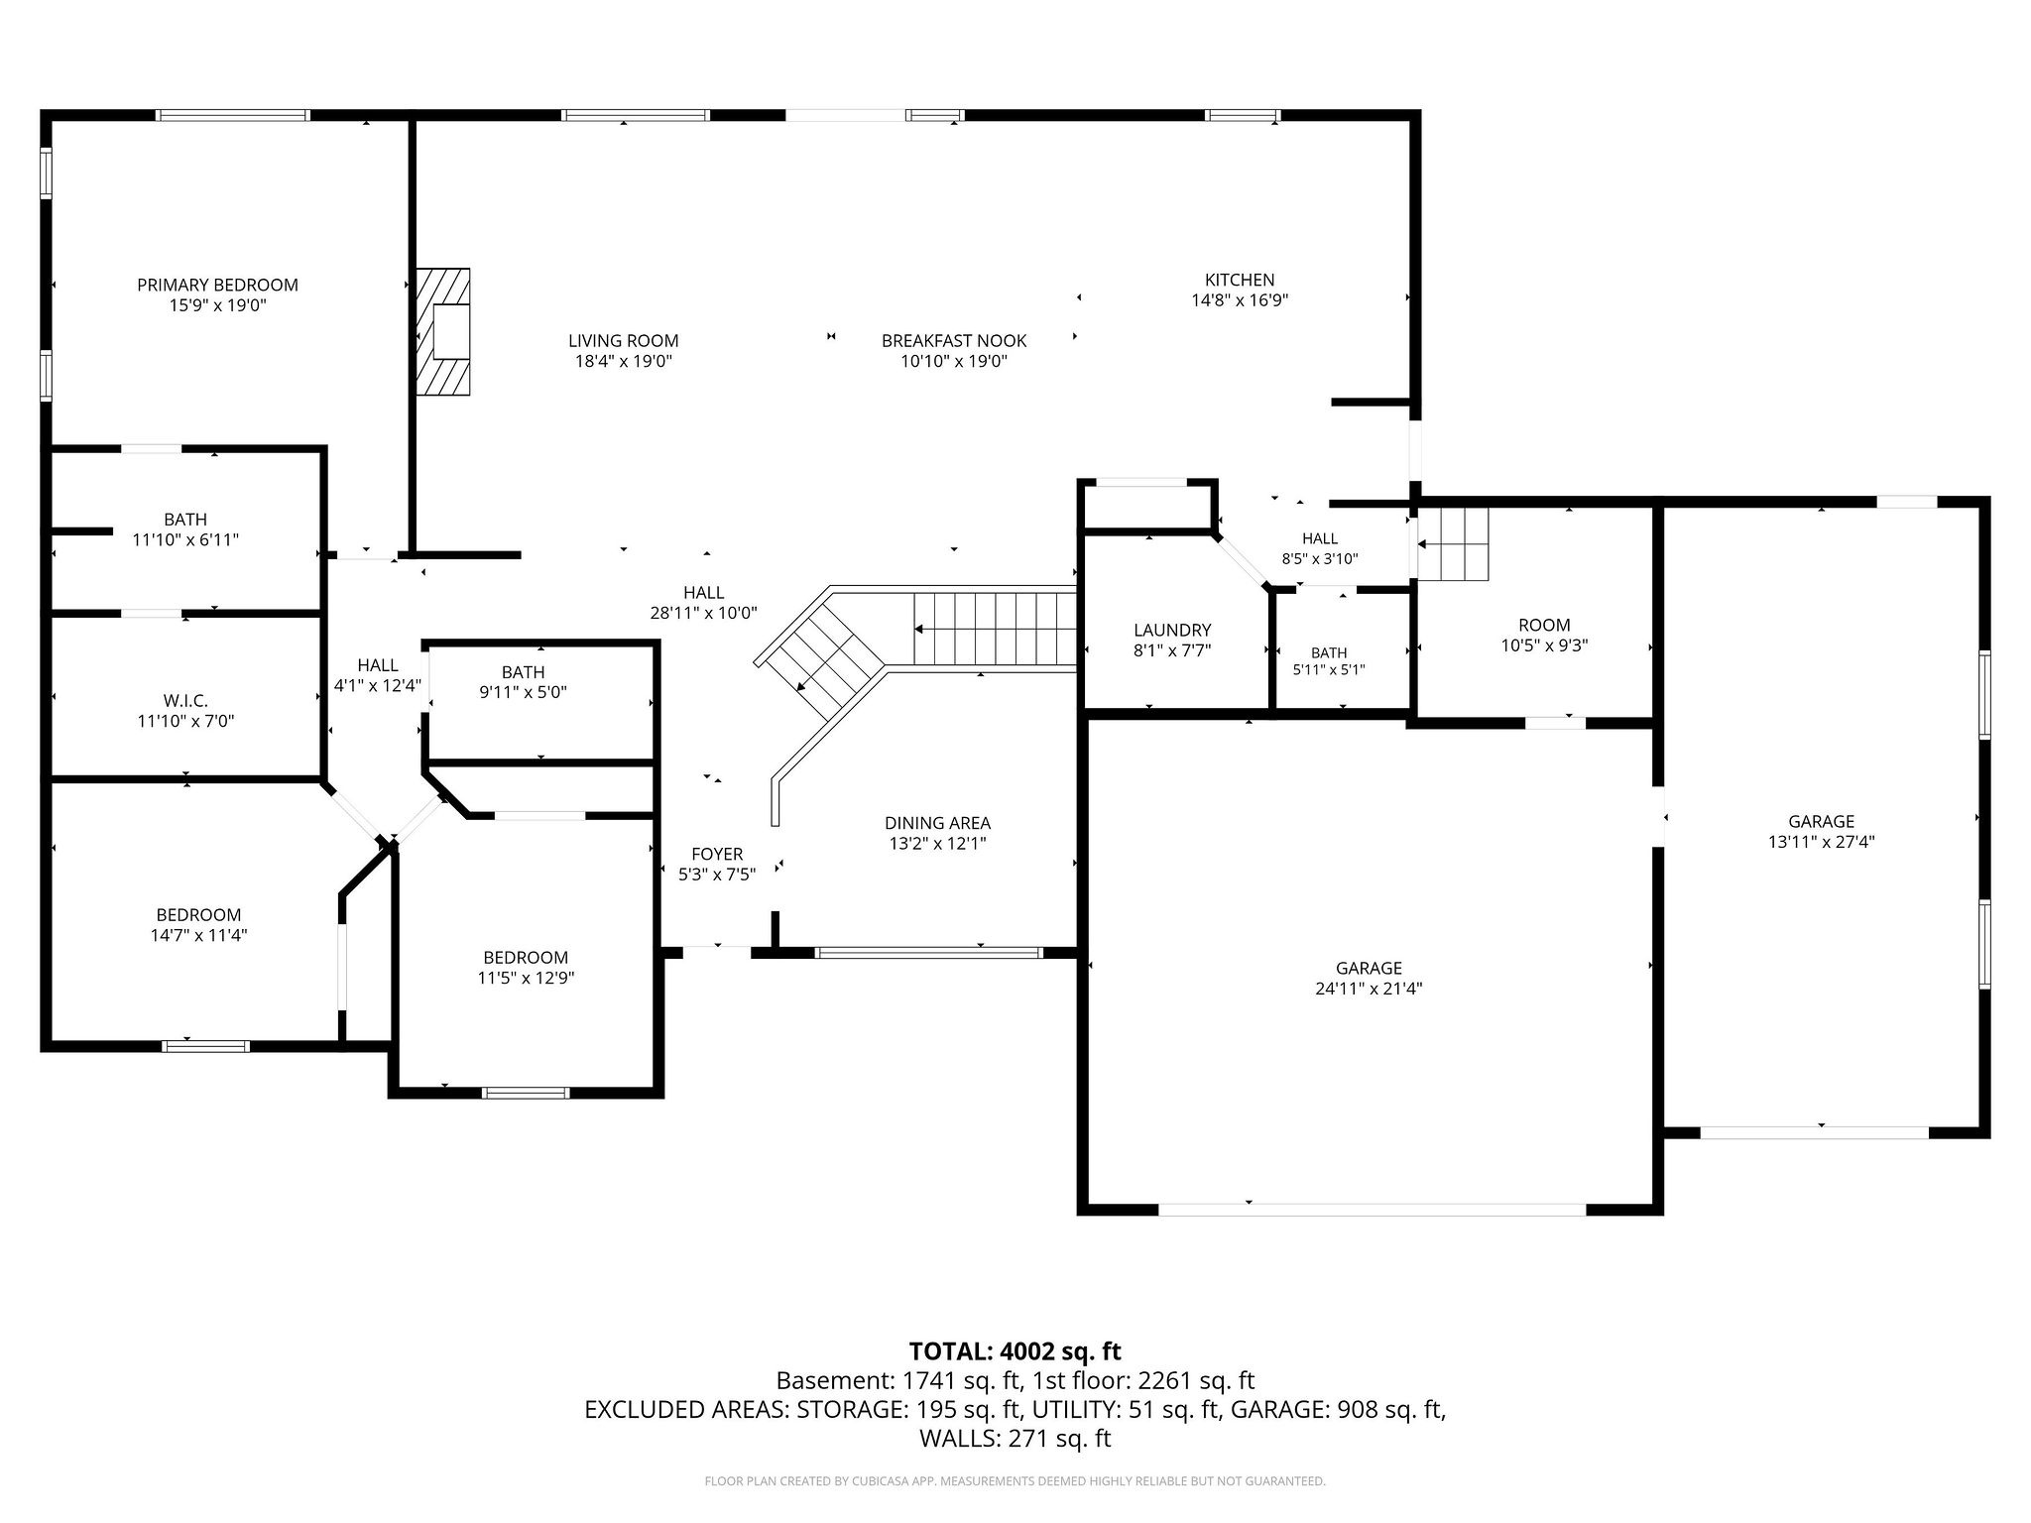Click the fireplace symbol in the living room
point(443,332)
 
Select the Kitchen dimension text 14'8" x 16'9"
point(1240,299)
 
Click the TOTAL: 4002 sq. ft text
point(1015,1350)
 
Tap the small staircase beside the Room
point(1454,544)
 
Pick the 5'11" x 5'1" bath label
point(1329,660)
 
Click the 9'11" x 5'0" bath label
point(523,682)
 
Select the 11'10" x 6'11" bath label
point(185,529)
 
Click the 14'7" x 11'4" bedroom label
point(198,924)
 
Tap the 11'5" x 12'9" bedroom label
point(526,967)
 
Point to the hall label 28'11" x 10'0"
point(703,603)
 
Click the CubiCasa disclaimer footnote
point(1015,1481)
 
